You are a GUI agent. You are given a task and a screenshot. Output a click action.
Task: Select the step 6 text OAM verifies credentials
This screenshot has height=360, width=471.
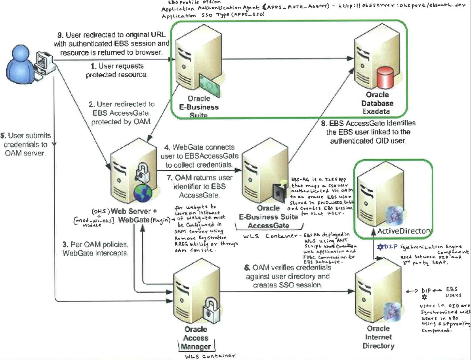click(287, 276)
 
